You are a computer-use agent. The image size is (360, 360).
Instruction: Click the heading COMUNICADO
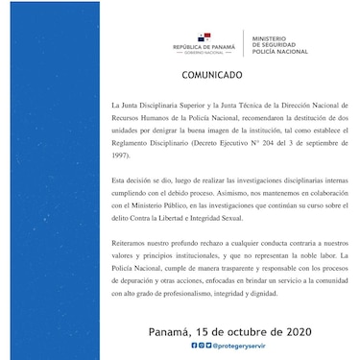210,74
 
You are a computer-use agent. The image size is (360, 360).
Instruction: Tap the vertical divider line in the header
240,43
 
